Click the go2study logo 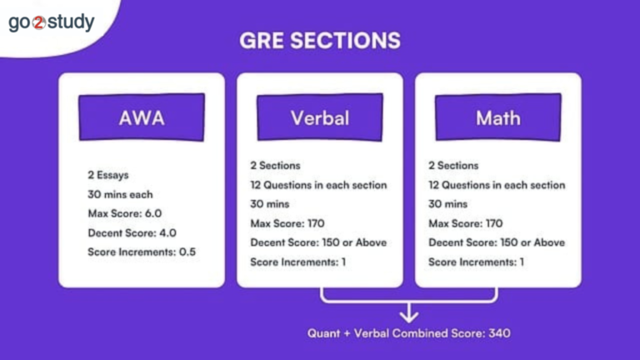51,22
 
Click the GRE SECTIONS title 320,41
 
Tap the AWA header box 142,117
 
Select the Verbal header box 320,117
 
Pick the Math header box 497,117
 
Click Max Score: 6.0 124,213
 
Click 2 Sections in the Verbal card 275,166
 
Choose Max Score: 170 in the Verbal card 287,223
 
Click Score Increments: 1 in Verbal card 298,262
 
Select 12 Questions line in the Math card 497,185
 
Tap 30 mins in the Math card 447,204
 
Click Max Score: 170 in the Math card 465,223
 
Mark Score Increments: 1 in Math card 477,262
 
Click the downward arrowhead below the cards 409,314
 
